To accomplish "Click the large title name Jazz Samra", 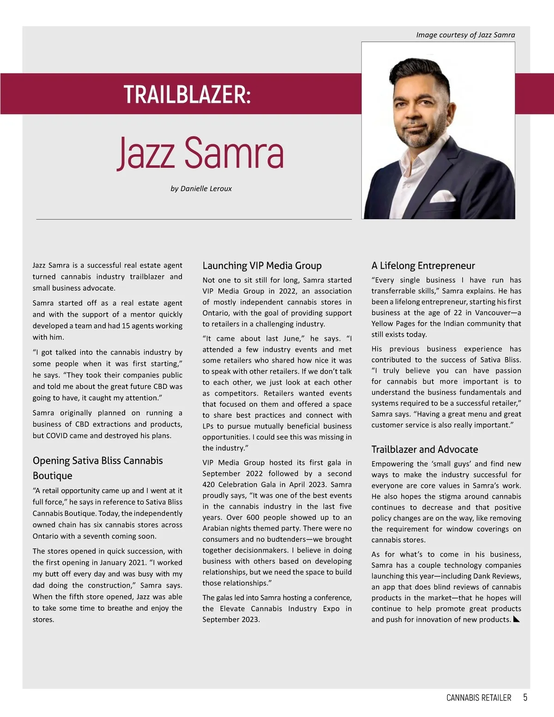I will (200, 153).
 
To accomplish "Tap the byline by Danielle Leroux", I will (201, 188).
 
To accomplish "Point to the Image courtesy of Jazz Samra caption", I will (465, 35).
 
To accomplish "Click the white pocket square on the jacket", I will (442, 197).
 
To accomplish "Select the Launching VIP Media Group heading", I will (262, 265).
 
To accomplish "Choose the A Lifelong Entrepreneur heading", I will (423, 265).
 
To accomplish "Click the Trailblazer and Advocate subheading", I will (424, 449).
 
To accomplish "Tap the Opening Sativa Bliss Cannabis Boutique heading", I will (97, 468).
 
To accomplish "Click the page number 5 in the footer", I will (525, 697).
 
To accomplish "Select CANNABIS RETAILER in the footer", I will (479, 698).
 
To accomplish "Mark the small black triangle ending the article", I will (517, 620).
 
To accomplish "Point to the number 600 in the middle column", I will (253, 517).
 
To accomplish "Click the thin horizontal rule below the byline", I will (194, 219).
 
